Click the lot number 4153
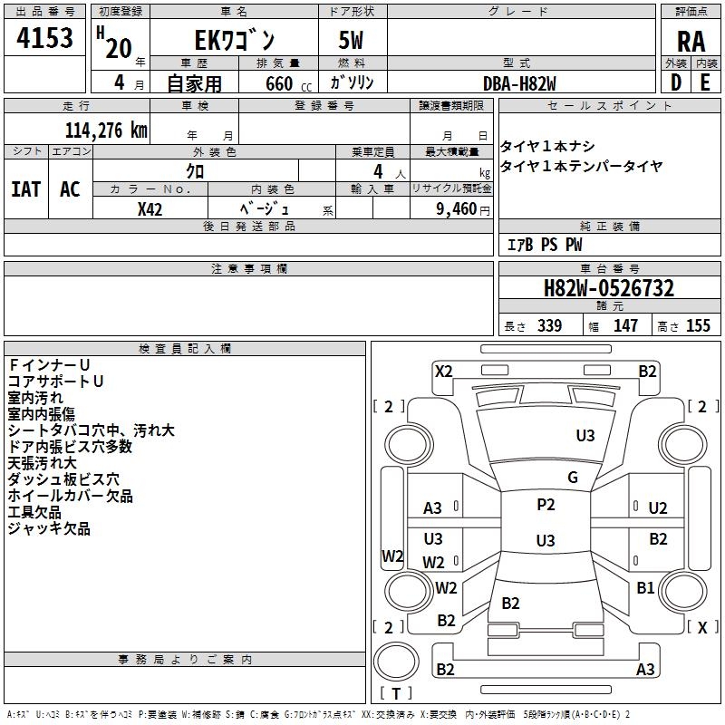pyautogui.click(x=44, y=38)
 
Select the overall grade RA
pyautogui.click(x=691, y=42)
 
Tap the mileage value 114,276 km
pyautogui.click(x=106, y=130)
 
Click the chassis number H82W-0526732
pyautogui.click(x=609, y=288)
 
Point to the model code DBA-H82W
pyautogui.click(x=519, y=83)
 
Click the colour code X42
pyautogui.click(x=150, y=209)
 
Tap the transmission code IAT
pyautogui.click(x=26, y=189)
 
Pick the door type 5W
pyautogui.click(x=351, y=40)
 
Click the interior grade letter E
pyautogui.click(x=705, y=82)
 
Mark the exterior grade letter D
pyautogui.click(x=676, y=82)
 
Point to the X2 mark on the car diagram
pyautogui.click(x=444, y=372)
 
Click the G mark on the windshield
pyautogui.click(x=573, y=478)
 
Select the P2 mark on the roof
pyautogui.click(x=546, y=505)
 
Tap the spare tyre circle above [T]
pyautogui.click(x=396, y=662)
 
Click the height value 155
pyautogui.click(x=698, y=325)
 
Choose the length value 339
pyautogui.click(x=550, y=325)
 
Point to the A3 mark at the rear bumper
pyautogui.click(x=645, y=669)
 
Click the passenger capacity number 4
pyautogui.click(x=378, y=171)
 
